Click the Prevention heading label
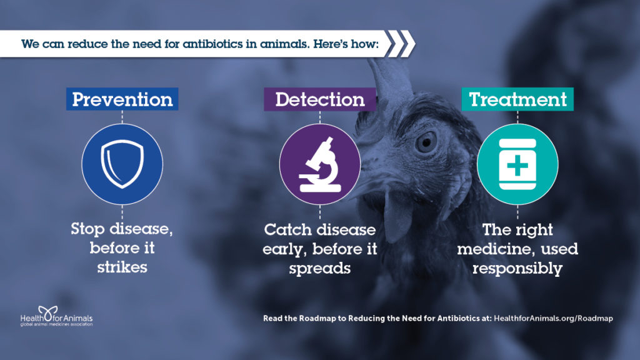[122, 99]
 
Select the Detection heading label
[319, 99]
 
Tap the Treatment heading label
[517, 99]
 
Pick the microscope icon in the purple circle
[320, 164]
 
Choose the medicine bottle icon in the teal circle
[517, 164]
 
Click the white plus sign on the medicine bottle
[517, 165]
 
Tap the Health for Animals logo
[56, 316]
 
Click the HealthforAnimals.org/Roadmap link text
[554, 318]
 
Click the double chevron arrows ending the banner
[400, 44]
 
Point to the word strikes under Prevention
[122, 267]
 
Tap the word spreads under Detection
[320, 269]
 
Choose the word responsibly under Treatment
[517, 269]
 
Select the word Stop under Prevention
[87, 229]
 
